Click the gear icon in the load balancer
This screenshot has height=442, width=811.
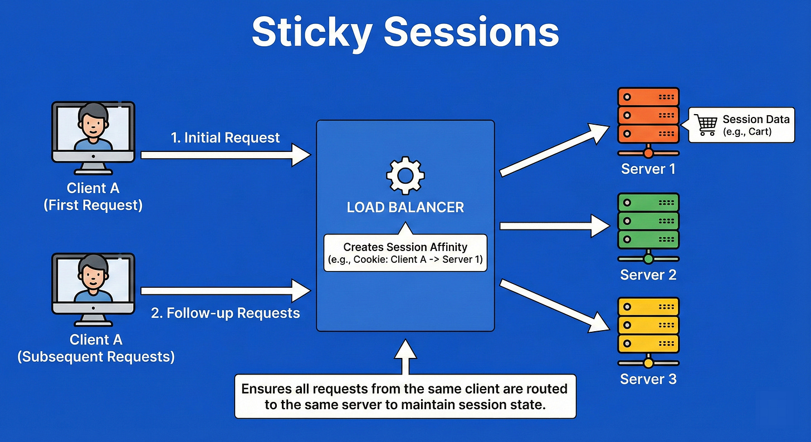(x=405, y=176)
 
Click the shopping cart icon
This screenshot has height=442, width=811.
(x=705, y=125)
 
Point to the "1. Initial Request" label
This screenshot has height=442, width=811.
(x=226, y=137)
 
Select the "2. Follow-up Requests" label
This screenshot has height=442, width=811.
(x=226, y=313)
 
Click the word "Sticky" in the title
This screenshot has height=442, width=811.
(x=310, y=32)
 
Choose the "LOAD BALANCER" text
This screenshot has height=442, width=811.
(x=405, y=208)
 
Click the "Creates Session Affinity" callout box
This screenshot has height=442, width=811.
(x=405, y=253)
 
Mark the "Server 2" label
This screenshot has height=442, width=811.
(x=648, y=274)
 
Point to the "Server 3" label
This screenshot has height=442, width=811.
(x=648, y=380)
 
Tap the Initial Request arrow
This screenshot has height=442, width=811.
(x=226, y=155)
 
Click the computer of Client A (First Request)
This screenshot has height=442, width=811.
(x=93, y=134)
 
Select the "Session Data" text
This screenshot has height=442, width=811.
(x=755, y=119)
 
